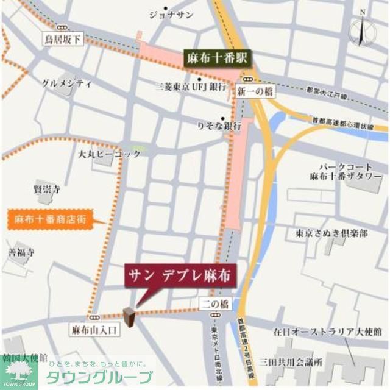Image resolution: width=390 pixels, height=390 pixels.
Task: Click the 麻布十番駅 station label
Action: pos(218,58)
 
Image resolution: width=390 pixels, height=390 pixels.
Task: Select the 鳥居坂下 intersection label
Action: pos(62,39)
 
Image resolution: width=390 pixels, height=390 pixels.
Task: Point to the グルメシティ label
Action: pos(66,83)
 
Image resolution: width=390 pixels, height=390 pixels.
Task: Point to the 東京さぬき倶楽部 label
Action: pos(332,233)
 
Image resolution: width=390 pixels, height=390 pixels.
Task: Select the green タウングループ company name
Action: pos(99,376)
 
